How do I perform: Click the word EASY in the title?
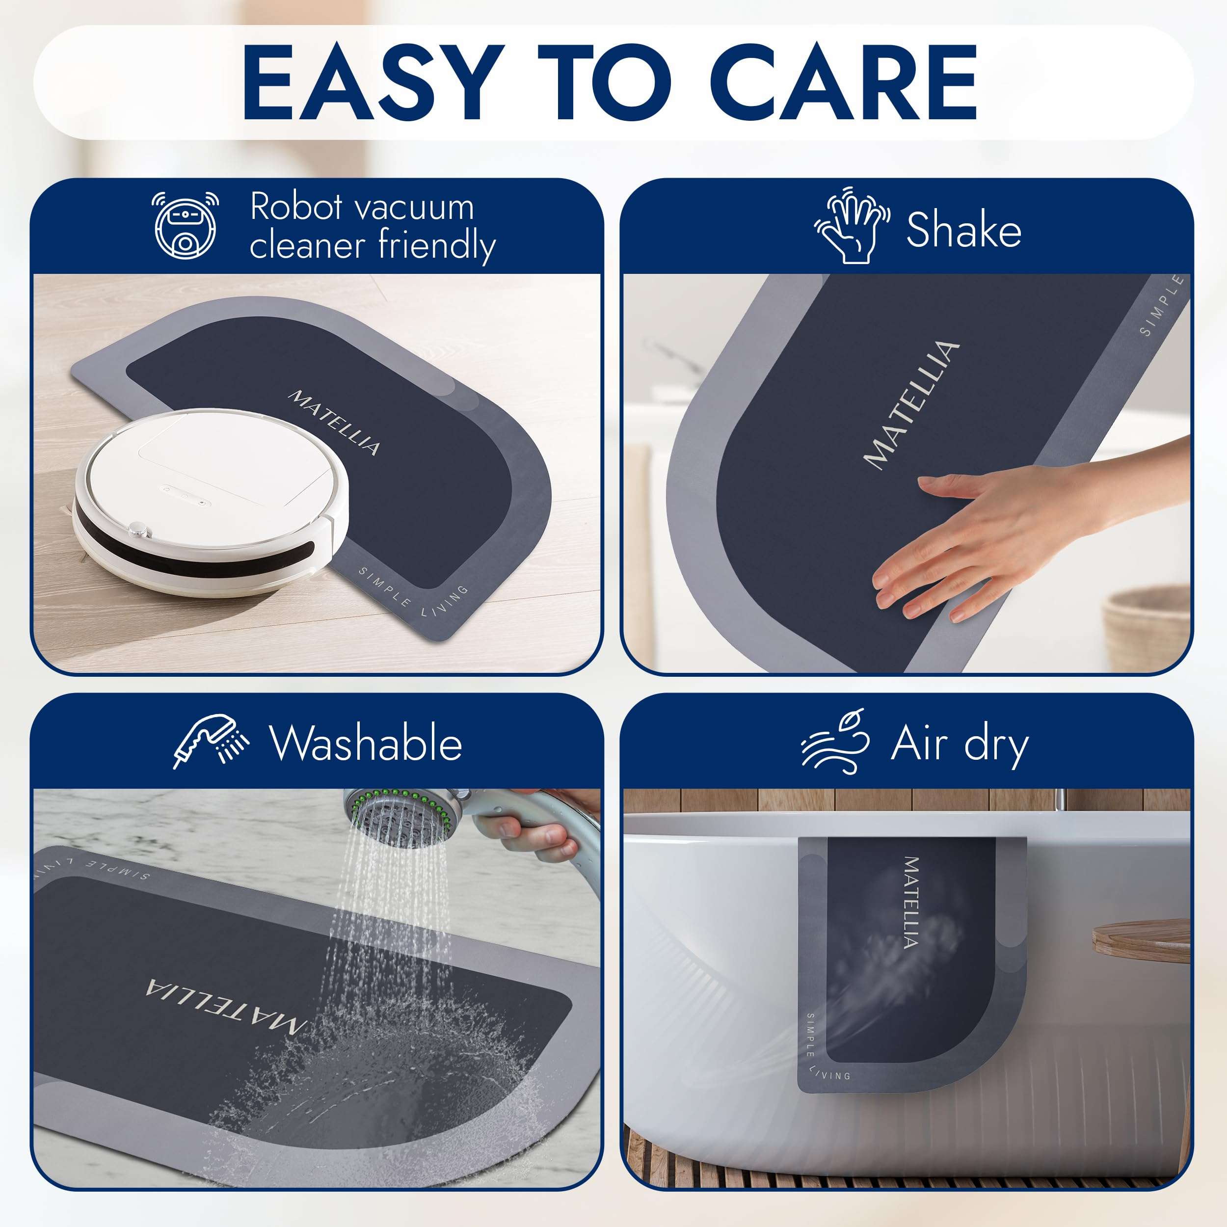tap(369, 82)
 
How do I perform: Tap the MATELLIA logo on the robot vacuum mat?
tap(335, 423)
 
